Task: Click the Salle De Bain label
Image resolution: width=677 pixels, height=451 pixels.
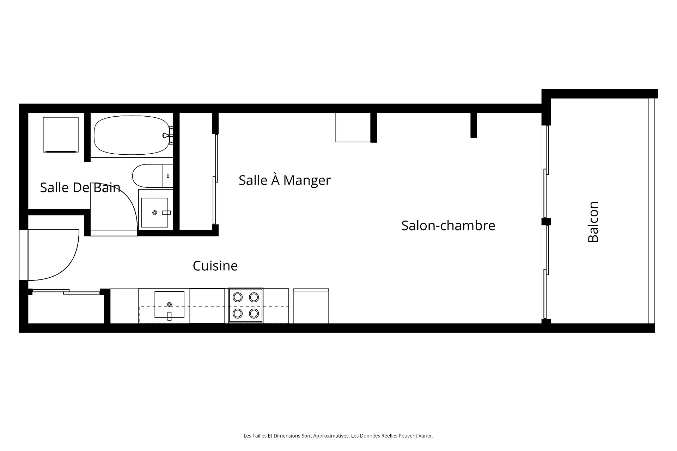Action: click(80, 187)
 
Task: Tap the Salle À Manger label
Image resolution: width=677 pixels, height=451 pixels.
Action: click(285, 180)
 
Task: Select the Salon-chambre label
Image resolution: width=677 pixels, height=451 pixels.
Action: click(448, 225)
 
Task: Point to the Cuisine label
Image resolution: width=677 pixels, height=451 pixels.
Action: click(215, 266)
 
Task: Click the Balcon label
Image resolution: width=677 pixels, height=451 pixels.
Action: click(593, 222)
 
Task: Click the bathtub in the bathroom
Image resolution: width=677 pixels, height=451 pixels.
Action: click(132, 135)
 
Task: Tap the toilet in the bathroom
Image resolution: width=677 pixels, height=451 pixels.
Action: click(153, 176)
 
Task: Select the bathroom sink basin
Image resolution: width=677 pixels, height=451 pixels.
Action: click(155, 212)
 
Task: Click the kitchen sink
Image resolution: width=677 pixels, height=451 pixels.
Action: click(169, 305)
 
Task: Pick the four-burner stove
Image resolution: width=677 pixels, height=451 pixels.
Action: click(246, 305)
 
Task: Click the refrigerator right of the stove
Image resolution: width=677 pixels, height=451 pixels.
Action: click(311, 306)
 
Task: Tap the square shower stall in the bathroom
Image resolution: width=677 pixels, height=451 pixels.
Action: click(61, 135)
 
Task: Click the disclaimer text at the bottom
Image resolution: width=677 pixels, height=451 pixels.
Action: click(338, 436)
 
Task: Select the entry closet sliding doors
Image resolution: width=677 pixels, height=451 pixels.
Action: click(66, 291)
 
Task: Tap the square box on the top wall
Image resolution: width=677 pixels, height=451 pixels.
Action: click(353, 128)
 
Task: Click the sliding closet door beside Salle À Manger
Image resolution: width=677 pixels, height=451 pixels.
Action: click(215, 179)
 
